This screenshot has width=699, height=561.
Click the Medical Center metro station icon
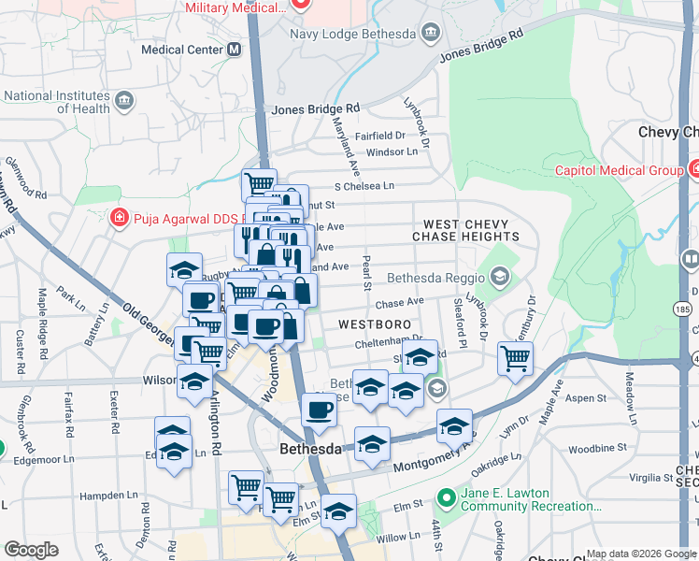(x=234, y=50)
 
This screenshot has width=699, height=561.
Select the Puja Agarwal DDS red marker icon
(x=119, y=219)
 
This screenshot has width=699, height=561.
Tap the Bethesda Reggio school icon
(x=500, y=277)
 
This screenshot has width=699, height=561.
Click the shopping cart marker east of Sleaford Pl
(x=515, y=357)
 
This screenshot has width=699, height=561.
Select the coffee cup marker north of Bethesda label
(x=319, y=410)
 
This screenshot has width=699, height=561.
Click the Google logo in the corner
(x=32, y=550)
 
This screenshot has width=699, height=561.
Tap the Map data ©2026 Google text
(x=641, y=554)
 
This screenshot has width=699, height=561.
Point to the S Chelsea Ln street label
(x=364, y=186)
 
